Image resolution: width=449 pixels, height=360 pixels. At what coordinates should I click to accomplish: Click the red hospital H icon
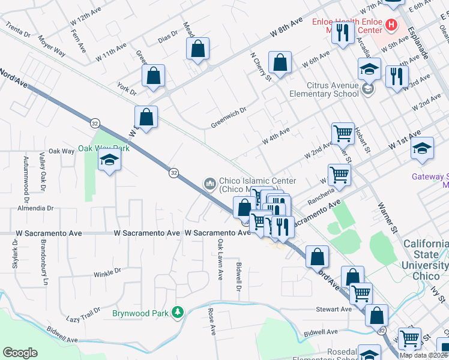391,25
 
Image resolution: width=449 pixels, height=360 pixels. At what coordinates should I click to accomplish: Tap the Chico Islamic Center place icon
210,182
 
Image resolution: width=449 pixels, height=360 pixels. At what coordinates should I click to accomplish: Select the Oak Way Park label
104,148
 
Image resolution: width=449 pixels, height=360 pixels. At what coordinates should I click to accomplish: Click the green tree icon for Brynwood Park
177,312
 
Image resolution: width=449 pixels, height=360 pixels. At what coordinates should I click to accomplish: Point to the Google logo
20,353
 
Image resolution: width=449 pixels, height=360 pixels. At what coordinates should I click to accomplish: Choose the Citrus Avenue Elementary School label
324,89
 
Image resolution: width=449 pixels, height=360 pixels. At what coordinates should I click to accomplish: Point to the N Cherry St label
261,66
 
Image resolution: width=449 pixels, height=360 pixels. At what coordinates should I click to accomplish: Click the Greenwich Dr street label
229,118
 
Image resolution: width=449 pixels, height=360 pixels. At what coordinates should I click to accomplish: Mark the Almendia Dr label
36,208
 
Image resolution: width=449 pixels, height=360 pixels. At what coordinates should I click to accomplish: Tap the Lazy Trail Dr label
83,314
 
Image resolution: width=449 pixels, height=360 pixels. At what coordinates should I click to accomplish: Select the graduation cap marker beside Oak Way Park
110,160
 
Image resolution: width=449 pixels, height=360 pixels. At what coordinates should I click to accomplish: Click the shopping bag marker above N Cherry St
280,62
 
